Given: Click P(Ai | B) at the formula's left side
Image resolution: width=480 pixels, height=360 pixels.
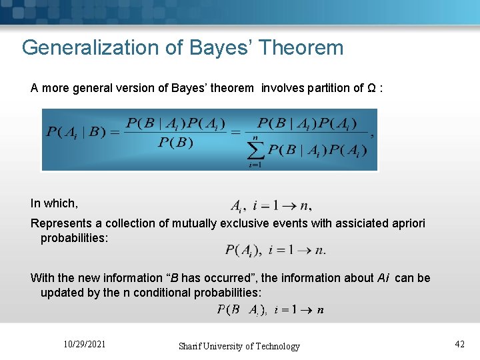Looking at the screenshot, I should pyautogui.click(x=74, y=131).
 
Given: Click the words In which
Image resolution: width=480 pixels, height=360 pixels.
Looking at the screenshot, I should pyautogui.click(x=54, y=203).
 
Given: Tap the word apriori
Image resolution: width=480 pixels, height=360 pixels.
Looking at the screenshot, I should pyautogui.click(x=404, y=223).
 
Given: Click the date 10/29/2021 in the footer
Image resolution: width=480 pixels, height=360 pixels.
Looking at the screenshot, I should pyautogui.click(x=83, y=344).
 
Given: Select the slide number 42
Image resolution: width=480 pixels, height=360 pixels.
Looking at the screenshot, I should pyautogui.click(x=459, y=344).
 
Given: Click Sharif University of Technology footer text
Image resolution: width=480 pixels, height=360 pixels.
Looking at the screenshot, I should pyautogui.click(x=239, y=346).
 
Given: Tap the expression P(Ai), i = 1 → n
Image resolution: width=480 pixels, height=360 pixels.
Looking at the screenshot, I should pyautogui.click(x=275, y=251).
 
